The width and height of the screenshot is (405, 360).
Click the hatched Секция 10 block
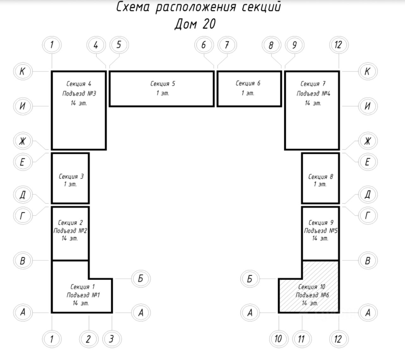coord(320,294)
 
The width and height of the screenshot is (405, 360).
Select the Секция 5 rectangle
coord(162,89)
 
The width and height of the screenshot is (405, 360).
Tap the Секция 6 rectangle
coord(249,89)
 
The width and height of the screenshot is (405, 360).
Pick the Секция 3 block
coord(70,178)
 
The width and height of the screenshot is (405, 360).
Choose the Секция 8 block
coord(320,178)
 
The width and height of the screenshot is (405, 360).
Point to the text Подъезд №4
coord(313,93)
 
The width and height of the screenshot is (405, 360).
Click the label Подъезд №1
coord(83,295)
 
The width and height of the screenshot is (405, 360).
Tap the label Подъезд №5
coord(321,231)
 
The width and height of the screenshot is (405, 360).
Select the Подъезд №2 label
coord(70,231)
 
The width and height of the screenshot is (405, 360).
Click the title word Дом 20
coord(195,24)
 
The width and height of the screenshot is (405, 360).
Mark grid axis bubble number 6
coord(203,45)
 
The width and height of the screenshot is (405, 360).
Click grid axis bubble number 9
coord(294,45)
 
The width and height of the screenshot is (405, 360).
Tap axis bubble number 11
coord(301,339)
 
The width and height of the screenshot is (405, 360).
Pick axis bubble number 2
coord(88,339)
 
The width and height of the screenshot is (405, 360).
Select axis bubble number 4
coord(96,45)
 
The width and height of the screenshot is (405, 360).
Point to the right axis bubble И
coord(367,106)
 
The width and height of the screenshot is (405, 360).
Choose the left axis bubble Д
coord(22,194)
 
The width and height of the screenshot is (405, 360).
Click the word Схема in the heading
coord(133,7)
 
